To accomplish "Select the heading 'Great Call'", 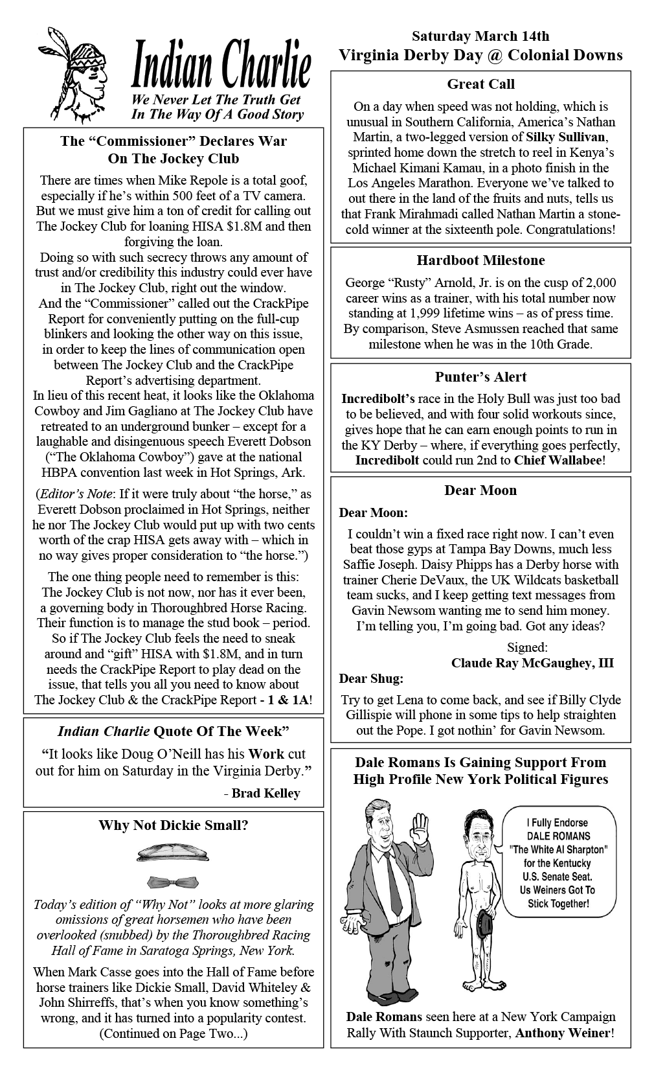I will point(480,84).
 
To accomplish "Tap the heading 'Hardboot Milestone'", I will point(480,260).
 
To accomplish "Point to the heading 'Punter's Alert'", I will point(480,377).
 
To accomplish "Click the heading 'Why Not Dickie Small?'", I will point(174,825).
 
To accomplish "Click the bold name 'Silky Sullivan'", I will point(567,137).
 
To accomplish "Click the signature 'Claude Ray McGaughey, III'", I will point(532,663).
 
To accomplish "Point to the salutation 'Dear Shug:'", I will point(371,678).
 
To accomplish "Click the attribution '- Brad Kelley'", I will point(262,793).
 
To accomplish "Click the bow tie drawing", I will point(173,882).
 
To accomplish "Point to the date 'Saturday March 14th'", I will point(480,36).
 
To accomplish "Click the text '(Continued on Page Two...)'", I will point(174,1033).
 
